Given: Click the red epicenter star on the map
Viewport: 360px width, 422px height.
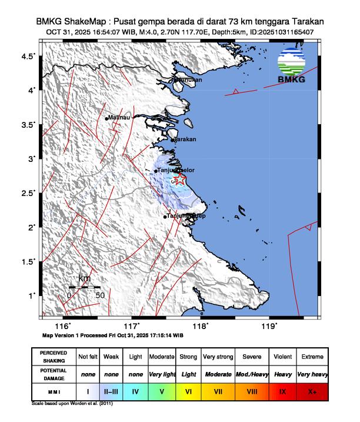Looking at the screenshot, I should pos(181,180).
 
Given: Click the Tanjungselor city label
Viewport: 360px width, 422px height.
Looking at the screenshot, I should pos(176,171).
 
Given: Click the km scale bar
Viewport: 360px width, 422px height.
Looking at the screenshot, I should pos(84,288).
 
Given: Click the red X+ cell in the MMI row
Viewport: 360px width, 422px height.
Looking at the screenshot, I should pos(312,390).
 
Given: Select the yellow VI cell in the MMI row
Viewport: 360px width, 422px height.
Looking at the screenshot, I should pos(189,390).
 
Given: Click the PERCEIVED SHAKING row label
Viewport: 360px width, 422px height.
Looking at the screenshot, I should pos(54,357).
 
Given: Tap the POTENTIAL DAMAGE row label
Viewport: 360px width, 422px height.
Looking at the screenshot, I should pos(54,374).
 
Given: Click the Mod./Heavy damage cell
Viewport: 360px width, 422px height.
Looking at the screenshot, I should pos(252,374).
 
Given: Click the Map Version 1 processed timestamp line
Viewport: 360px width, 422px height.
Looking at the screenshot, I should pos(113,335).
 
